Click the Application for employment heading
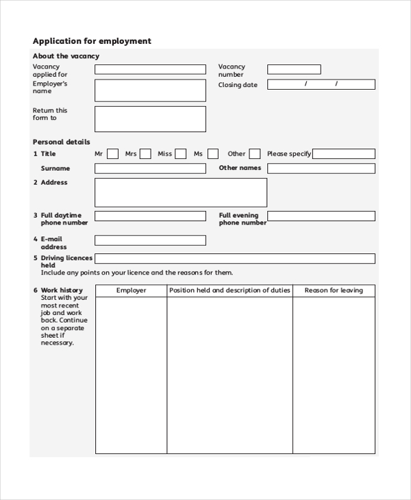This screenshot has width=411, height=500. pyautogui.click(x=92, y=41)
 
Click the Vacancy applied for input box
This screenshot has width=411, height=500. pyautogui.click(x=149, y=69)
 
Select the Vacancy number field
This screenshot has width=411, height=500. pyautogui.click(x=293, y=69)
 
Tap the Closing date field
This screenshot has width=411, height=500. pyautogui.click(x=321, y=85)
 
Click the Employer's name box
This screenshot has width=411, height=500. pyautogui.click(x=149, y=90)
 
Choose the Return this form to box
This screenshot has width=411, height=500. pyautogui.click(x=149, y=118)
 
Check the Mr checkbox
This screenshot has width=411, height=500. pyautogui.click(x=113, y=154)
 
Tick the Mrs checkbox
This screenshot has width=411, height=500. pyautogui.click(x=145, y=154)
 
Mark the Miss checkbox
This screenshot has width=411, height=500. pyautogui.click(x=180, y=154)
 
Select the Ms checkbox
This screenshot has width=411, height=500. pyautogui.click(x=213, y=154)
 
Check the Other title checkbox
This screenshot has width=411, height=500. pyautogui.click(x=254, y=154)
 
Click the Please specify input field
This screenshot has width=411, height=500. pyautogui.click(x=344, y=154)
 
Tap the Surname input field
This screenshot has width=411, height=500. pyautogui.click(x=149, y=168)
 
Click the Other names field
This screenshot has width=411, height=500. pyautogui.click(x=321, y=168)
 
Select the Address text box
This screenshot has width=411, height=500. pyautogui.click(x=180, y=192)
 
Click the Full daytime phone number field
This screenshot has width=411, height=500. pyautogui.click(x=149, y=216)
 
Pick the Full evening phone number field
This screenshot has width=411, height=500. pyautogui.click(x=321, y=216)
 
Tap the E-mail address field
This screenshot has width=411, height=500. pyautogui.click(x=149, y=240)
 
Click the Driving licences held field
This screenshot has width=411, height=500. pyautogui.click(x=234, y=259)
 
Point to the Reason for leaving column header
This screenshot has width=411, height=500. pyautogui.click(x=334, y=290)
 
